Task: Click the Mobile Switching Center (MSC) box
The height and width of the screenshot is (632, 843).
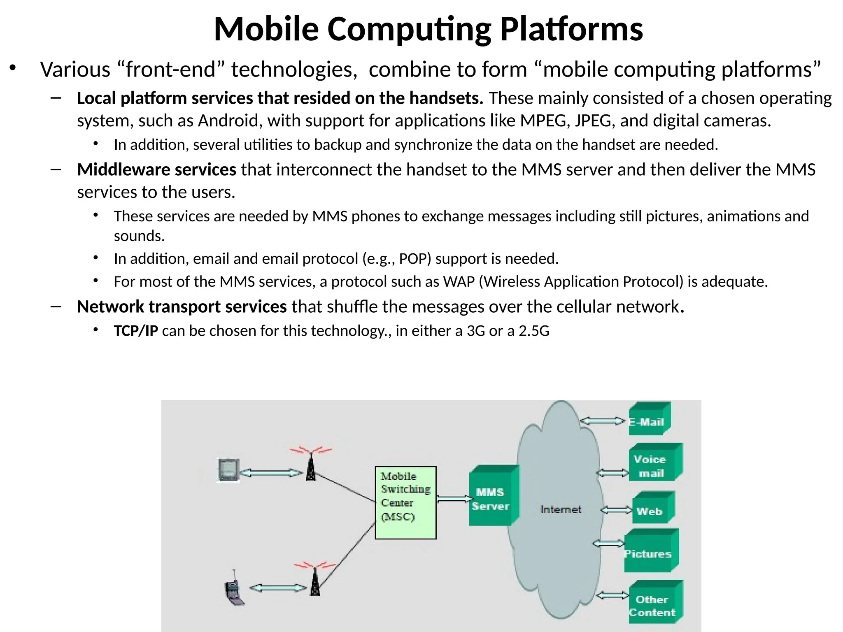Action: [x=405, y=502]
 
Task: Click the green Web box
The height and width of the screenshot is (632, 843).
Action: [x=652, y=509]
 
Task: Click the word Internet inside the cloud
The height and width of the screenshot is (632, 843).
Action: [x=561, y=509]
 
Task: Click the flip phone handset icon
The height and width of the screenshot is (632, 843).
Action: [x=234, y=590]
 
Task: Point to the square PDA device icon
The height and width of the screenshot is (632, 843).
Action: [x=228, y=470]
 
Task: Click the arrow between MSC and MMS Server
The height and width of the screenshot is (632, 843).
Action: [x=453, y=499]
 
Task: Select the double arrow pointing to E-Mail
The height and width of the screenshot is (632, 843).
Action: [x=602, y=421]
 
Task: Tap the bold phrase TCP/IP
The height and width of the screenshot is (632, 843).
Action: [x=136, y=331]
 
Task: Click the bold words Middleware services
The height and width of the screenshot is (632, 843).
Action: [x=156, y=170]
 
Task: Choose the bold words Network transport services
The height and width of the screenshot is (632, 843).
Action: [x=182, y=307]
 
